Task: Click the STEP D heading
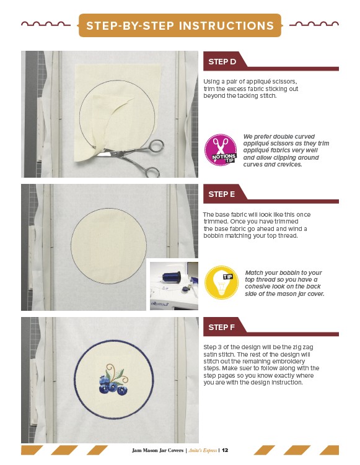tap(222, 62)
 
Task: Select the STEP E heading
tap(221, 194)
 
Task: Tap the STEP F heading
tap(221, 328)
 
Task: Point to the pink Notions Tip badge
tap(221, 149)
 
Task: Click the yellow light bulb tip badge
tap(221, 282)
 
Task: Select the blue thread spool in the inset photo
tap(171, 277)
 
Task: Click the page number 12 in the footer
tap(225, 450)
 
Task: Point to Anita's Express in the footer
tap(203, 450)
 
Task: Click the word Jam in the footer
tap(136, 450)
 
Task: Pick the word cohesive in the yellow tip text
tap(257, 287)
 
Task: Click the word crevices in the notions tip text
tap(289, 165)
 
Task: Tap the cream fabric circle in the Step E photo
tap(108, 246)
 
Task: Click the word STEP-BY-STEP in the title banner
tap(130, 26)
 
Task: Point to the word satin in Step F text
tap(211, 354)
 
